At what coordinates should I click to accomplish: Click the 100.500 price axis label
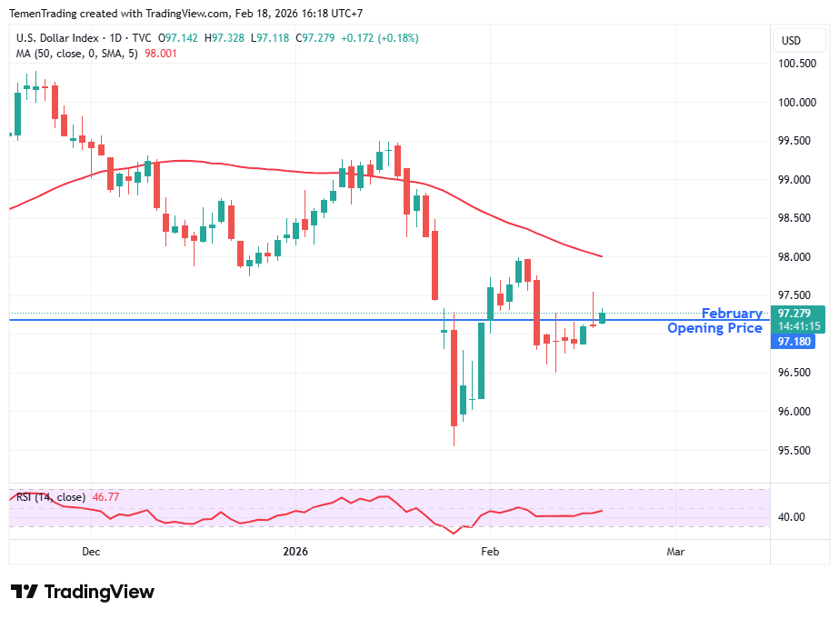click(795, 64)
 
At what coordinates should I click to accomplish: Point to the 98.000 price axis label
click(795, 257)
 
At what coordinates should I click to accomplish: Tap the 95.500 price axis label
click(795, 451)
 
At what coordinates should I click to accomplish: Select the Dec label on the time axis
click(91, 552)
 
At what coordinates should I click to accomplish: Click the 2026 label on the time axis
click(295, 552)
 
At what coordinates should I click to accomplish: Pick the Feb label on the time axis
click(490, 552)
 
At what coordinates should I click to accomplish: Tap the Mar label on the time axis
click(675, 552)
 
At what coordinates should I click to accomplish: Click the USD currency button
click(791, 41)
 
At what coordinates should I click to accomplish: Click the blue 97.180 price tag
click(793, 342)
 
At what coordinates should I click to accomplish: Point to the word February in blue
click(732, 314)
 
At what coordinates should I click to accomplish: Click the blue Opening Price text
click(714, 328)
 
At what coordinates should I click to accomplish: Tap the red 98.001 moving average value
click(161, 54)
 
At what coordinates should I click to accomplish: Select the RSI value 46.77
click(106, 497)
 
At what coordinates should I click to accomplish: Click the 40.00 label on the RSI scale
click(792, 517)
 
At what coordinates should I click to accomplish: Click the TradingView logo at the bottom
click(83, 592)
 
